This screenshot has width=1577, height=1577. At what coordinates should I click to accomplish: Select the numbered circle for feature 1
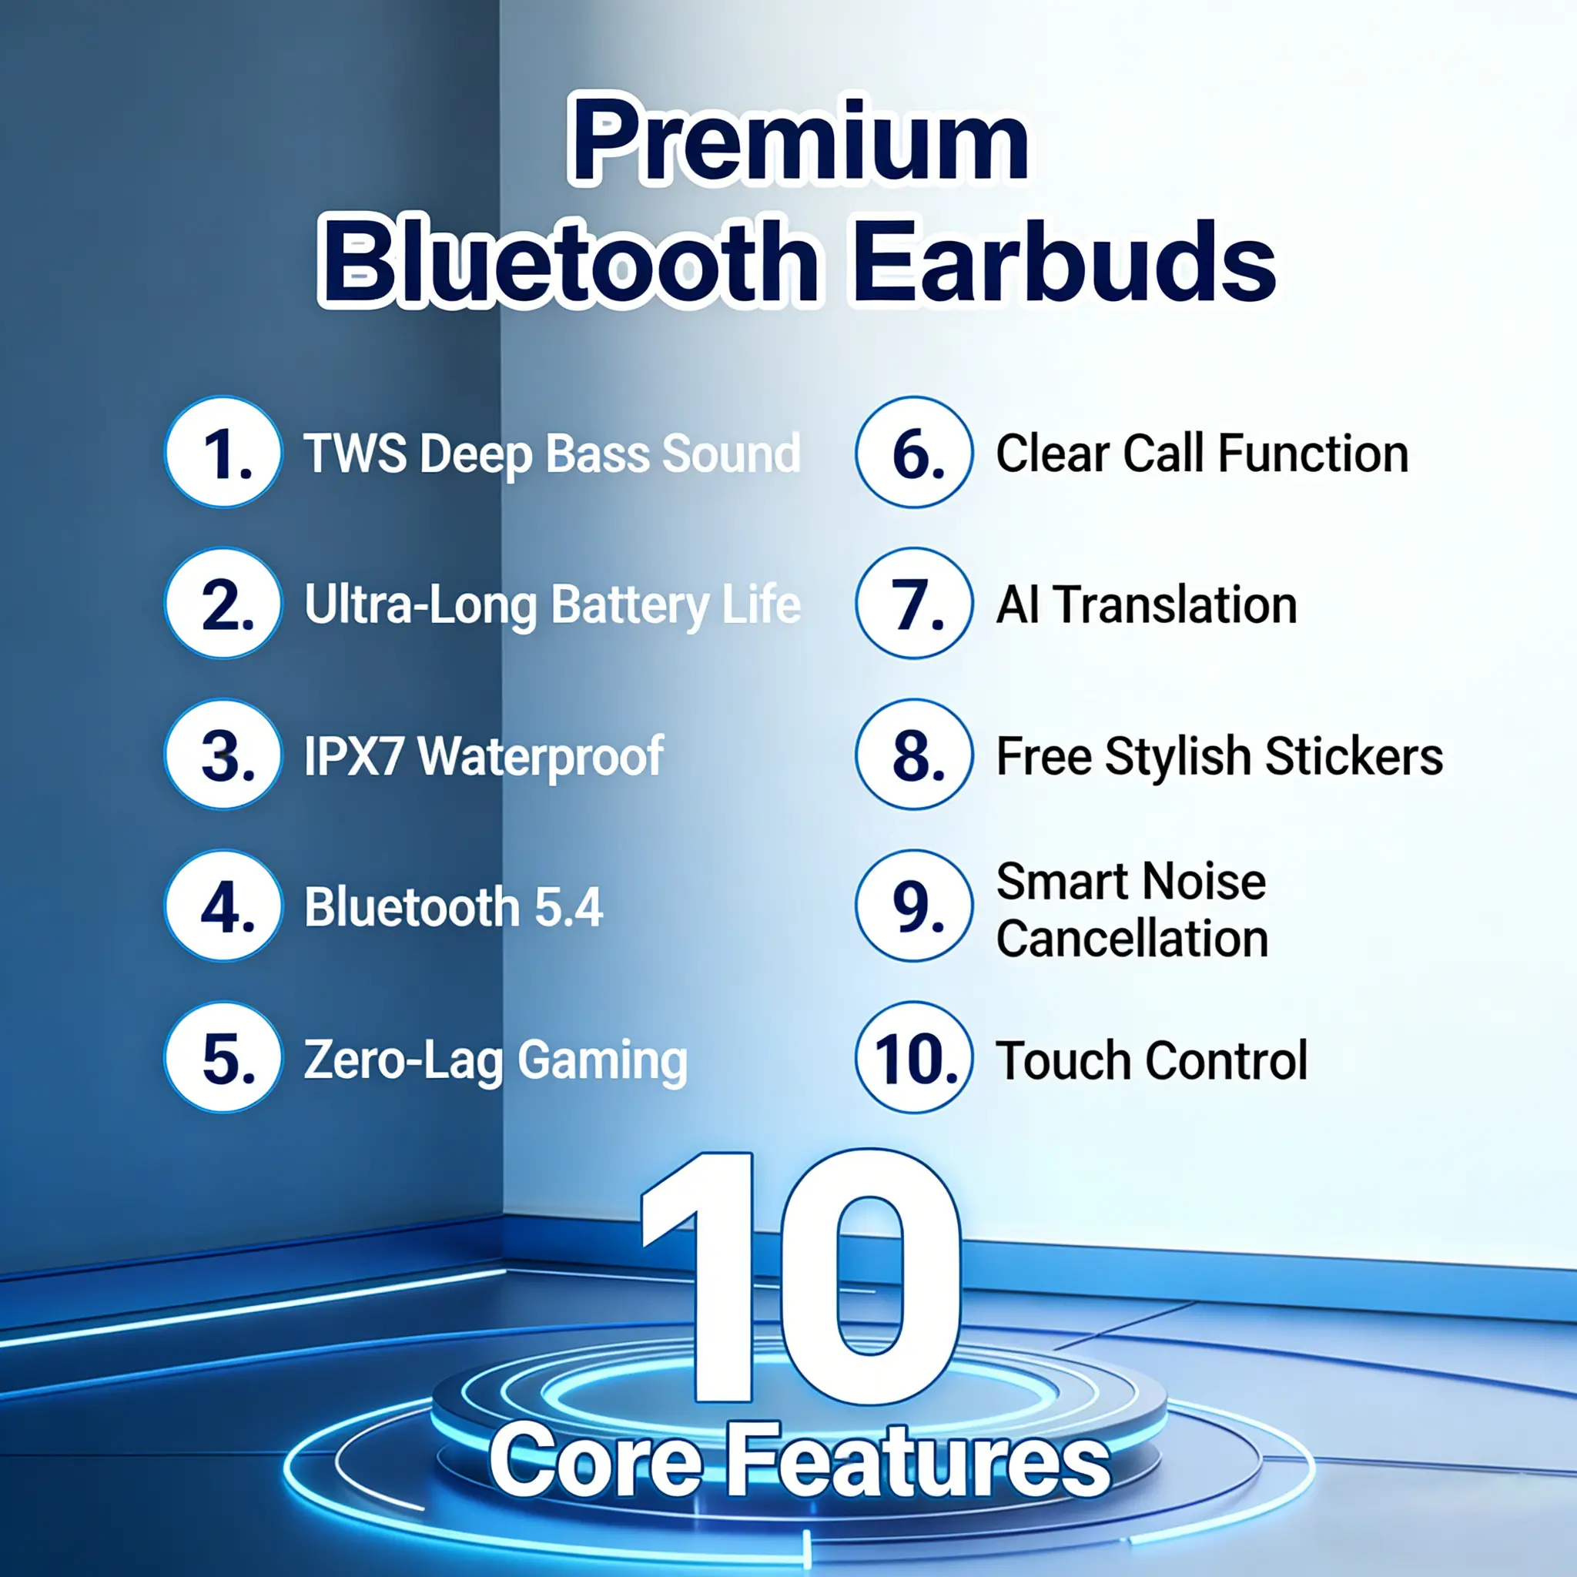pyautogui.click(x=223, y=452)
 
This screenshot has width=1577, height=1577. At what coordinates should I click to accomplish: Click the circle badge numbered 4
pyautogui.click(x=223, y=906)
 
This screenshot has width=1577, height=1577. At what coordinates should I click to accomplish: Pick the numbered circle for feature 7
pyautogui.click(x=914, y=603)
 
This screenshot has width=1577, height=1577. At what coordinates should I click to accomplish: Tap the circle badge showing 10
pyautogui.click(x=914, y=1058)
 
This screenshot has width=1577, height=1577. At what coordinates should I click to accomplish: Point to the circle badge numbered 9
pyautogui.click(x=914, y=906)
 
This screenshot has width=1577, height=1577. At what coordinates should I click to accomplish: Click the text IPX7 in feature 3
pyautogui.click(x=353, y=756)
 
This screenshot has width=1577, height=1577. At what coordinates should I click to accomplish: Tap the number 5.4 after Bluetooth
pyautogui.click(x=568, y=907)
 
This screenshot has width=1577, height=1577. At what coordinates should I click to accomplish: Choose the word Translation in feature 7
pyautogui.click(x=1174, y=604)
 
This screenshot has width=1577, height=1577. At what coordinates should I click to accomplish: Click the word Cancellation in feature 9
pyautogui.click(x=1132, y=939)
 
